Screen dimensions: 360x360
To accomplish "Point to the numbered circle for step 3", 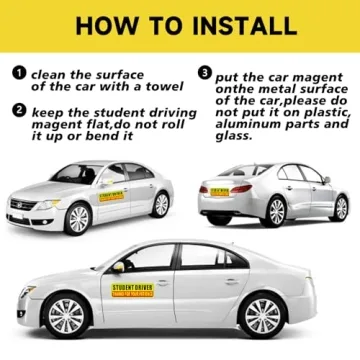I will (x=205, y=73).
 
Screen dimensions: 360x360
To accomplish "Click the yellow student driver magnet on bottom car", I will (x=133, y=289).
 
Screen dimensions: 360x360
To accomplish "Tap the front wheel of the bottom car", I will (x=66, y=317).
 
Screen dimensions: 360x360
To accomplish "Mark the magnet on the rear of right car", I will (x=219, y=191).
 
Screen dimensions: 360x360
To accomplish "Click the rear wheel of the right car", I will (x=276, y=210).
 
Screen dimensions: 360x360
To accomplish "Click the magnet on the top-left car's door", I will (x=111, y=195).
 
